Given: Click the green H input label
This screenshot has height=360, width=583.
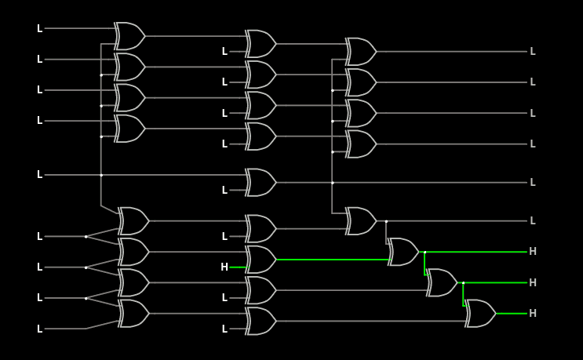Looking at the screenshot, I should [x=224, y=267].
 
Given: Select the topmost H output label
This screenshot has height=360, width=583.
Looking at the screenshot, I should [x=533, y=252].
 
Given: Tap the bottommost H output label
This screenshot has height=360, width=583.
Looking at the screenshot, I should [x=533, y=314].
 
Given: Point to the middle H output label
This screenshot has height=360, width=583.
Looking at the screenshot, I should [x=533, y=282].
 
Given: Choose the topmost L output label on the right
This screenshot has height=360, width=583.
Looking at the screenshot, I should [x=533, y=52].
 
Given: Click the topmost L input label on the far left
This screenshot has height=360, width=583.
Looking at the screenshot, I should [x=40, y=29].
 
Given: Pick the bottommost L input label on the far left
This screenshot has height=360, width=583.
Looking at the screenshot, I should [x=40, y=329].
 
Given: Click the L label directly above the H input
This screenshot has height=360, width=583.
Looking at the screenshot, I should [x=224, y=237].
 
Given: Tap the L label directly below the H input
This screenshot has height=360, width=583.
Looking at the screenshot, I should [x=224, y=298].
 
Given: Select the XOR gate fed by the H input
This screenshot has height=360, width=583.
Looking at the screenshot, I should [x=261, y=260].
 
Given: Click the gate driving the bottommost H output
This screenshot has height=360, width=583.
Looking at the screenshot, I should [x=480, y=314].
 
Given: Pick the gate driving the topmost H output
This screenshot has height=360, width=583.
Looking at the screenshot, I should [x=403, y=252].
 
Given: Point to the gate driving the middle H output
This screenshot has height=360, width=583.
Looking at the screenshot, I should [x=442, y=282].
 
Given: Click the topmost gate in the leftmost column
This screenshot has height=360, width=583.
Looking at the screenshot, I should [x=129, y=36].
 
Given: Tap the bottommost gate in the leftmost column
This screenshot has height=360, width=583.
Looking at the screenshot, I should [x=133, y=314].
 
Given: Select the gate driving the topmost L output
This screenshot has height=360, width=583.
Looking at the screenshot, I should [x=361, y=52].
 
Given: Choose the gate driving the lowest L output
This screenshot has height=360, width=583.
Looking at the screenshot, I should [x=361, y=221].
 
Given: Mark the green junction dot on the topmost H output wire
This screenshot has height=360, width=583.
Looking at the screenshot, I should [x=424, y=252].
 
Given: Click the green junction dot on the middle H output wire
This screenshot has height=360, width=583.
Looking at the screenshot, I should [x=463, y=282].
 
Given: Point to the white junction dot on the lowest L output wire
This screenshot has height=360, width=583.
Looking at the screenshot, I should [x=386, y=221].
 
